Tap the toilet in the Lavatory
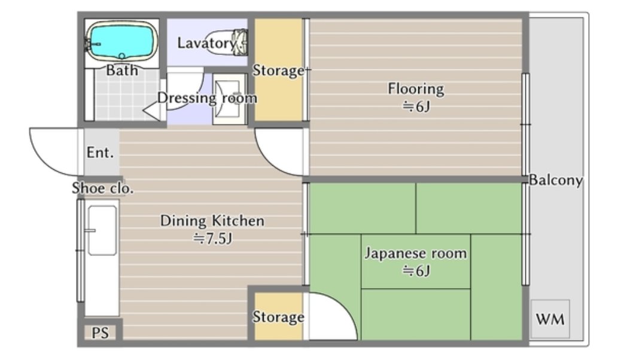click(227, 42)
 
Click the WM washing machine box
click(550, 319)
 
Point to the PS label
click(101, 332)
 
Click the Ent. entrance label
click(100, 152)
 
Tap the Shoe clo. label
click(103, 188)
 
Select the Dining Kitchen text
click(212, 221)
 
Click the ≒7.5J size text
click(213, 238)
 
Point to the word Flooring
click(416, 89)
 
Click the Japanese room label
click(416, 253)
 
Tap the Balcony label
click(556, 180)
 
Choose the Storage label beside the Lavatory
click(278, 71)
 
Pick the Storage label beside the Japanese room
click(278, 316)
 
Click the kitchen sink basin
click(102, 230)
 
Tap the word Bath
click(121, 71)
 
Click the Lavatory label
click(206, 43)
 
